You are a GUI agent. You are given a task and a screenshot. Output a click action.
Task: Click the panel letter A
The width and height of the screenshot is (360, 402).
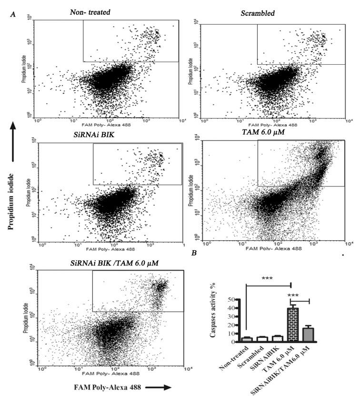(x=13, y=17)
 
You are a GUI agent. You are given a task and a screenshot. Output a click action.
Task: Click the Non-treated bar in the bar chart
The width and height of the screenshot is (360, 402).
(x=246, y=339)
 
